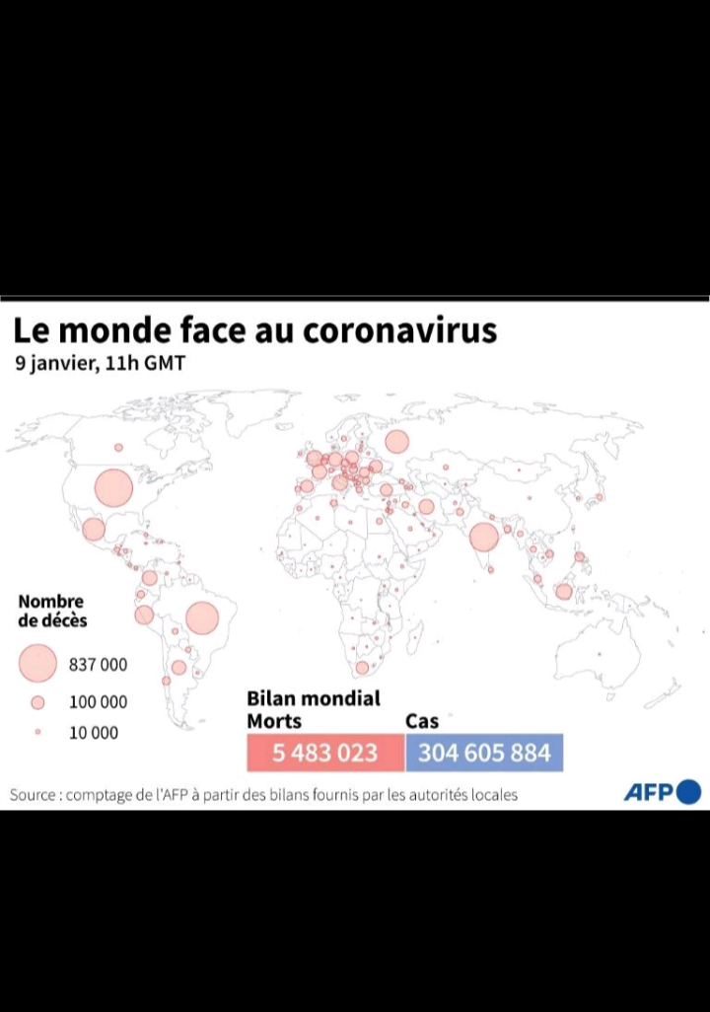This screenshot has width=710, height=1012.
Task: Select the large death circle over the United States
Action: point(113,487)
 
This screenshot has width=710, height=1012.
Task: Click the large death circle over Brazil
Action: point(201,617)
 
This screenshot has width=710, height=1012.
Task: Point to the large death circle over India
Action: point(483,538)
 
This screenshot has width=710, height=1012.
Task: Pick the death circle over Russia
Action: point(396,441)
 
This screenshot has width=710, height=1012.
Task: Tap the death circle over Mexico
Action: point(94,530)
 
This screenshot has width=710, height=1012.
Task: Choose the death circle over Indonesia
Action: point(563,592)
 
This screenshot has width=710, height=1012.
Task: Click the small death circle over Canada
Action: point(118,447)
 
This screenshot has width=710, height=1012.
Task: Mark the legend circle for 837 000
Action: point(37,664)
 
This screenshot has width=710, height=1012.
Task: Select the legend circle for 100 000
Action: point(37,702)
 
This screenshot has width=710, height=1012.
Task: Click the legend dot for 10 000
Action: point(37,733)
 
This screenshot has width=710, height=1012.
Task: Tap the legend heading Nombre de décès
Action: point(52,611)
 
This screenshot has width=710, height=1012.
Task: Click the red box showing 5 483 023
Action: point(325,753)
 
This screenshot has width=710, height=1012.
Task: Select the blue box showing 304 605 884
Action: point(484,753)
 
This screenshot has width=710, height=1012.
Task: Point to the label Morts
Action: point(274,721)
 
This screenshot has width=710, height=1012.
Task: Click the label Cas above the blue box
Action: point(422,721)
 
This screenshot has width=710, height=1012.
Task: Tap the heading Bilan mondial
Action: point(314,698)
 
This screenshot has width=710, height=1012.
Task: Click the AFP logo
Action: point(662,792)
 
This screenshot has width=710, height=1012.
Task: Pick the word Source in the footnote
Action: point(33,794)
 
